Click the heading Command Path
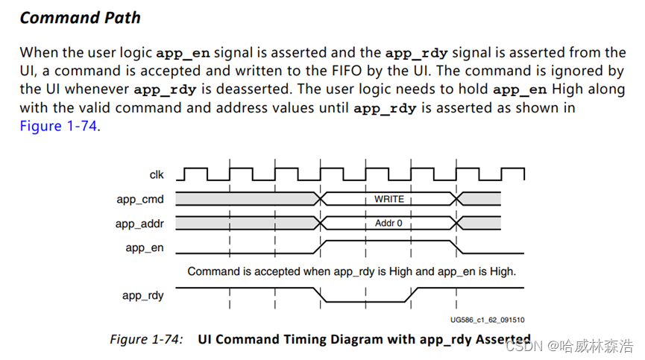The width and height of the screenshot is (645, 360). click(x=80, y=17)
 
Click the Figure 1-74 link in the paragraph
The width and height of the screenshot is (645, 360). click(x=59, y=126)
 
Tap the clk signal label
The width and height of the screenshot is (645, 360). click(x=157, y=175)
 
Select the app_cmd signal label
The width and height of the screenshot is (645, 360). click(x=140, y=199)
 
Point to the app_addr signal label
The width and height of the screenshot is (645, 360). click(x=139, y=224)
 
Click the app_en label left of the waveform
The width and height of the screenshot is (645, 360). click(x=145, y=248)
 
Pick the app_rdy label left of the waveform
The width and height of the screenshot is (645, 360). click(x=143, y=296)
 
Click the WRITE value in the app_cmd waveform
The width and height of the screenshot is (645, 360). click(x=389, y=199)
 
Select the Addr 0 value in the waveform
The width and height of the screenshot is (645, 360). click(x=389, y=224)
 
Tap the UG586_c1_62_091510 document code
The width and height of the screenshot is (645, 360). click(x=487, y=319)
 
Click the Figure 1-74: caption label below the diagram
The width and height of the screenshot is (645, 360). click(x=146, y=339)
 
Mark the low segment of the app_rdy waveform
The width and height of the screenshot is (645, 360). click(x=365, y=301)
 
